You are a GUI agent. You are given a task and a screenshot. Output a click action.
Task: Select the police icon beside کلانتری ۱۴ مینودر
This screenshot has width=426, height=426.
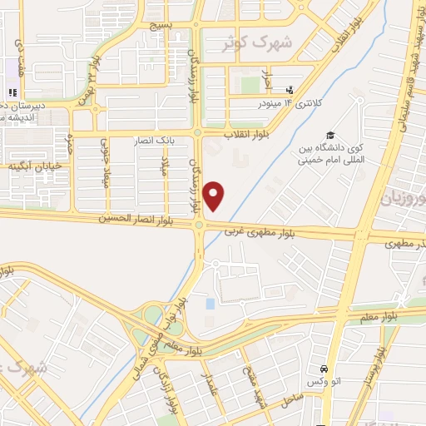point(289,90)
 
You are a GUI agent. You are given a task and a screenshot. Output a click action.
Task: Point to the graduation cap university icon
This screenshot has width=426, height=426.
point(330,135)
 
